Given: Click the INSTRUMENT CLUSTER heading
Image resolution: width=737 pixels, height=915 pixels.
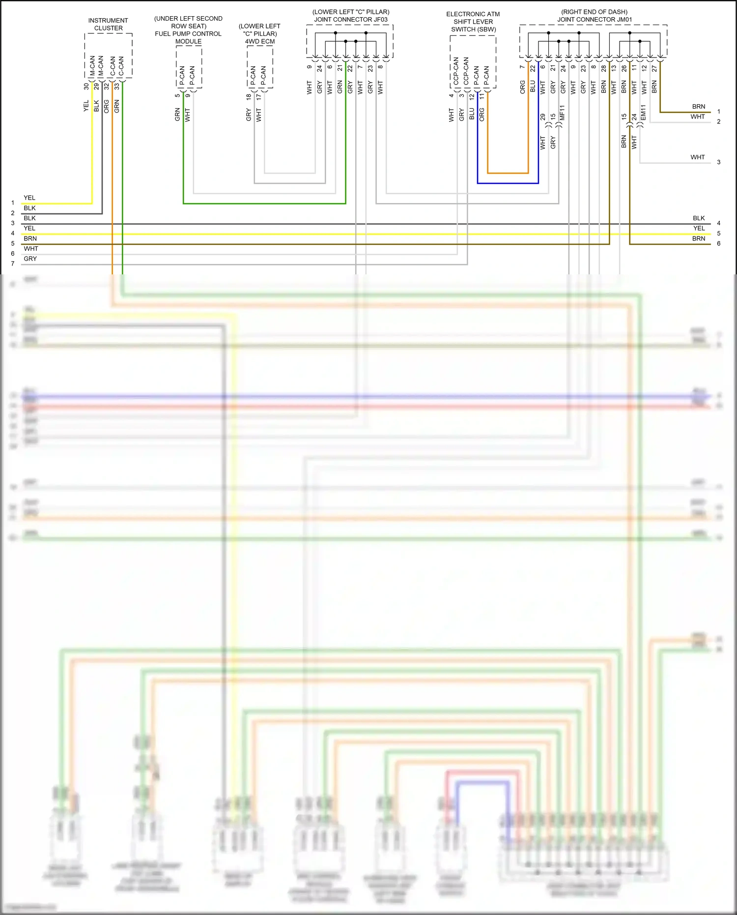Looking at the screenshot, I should point(108,24).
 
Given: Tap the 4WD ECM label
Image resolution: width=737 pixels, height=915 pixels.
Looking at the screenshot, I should point(260,41).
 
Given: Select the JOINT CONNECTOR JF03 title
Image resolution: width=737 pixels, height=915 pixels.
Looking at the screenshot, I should point(351,20).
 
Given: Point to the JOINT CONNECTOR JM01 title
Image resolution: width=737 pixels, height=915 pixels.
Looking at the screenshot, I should point(594,20).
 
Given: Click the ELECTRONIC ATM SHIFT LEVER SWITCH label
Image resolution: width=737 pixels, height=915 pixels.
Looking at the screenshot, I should point(473,22).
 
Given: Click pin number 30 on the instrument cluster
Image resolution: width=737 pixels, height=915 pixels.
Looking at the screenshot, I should point(86,86).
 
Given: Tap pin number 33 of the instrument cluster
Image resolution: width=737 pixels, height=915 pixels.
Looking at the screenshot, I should point(117,86).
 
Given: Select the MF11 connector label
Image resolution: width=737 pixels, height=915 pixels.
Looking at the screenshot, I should point(563,113).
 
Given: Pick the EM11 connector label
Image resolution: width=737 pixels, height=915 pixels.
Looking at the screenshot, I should point(644,113).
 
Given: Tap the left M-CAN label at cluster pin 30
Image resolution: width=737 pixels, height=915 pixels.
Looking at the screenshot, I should point(92,66).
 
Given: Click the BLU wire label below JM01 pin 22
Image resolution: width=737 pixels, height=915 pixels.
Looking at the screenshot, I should point(533,87).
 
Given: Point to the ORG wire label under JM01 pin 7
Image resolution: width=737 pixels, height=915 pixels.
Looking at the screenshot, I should point(522,87).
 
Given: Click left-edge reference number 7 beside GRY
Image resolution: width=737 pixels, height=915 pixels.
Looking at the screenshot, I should point(13,264).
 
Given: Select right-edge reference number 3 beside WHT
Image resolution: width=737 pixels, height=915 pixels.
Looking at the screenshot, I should point(718,162).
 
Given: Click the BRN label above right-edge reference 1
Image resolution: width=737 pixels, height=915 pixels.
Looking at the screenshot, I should point(698,107).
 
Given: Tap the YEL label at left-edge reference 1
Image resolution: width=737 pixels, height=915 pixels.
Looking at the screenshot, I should point(29,198).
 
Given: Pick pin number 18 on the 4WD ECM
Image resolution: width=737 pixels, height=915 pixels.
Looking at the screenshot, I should point(249,97).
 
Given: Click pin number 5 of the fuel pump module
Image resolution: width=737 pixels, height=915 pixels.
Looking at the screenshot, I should point(177,95).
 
